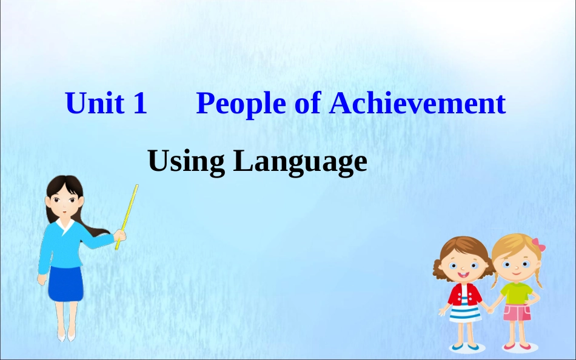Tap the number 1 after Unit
tap(140, 103)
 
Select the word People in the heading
tap(241, 104)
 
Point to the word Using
tap(186, 162)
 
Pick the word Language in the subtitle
tap(301, 162)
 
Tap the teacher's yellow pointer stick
tap(127, 217)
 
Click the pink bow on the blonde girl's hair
tap(538, 245)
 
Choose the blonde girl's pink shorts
tap(517, 312)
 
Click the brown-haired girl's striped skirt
tap(464, 314)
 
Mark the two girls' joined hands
tap(490, 310)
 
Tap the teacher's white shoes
tap(67, 336)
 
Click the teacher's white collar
tap(65, 225)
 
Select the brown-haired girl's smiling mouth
tap(463, 275)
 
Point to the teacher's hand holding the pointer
tap(119, 236)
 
